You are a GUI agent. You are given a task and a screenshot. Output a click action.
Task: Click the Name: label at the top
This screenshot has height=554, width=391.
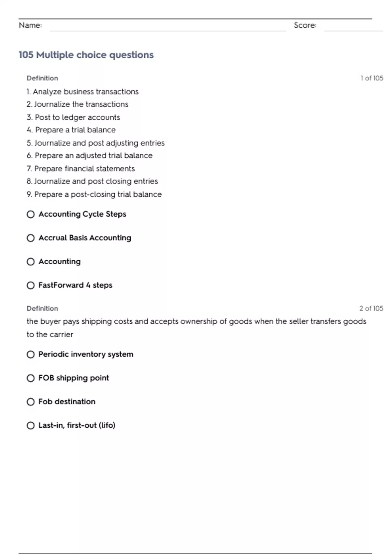pos(30,25)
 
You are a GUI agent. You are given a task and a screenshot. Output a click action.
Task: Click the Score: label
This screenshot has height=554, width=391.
pos(305,25)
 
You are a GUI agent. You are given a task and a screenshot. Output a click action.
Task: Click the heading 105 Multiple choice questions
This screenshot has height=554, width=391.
pos(86,55)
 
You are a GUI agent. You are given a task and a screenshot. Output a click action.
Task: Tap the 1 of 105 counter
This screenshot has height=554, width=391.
pos(372,78)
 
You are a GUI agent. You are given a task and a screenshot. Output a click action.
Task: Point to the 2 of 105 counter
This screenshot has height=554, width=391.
pos(371,308)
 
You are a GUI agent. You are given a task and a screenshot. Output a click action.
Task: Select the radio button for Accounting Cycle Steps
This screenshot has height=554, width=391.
pos(31,214)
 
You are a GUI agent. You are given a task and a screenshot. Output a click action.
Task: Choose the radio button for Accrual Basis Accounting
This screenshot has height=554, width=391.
pos(31,238)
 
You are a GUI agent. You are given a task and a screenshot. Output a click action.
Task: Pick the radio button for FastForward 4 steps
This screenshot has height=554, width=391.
pos(31,285)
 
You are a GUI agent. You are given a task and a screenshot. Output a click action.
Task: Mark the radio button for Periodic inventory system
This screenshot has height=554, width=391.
pos(31,355)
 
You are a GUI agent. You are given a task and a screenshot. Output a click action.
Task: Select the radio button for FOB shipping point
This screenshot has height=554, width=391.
pos(31,378)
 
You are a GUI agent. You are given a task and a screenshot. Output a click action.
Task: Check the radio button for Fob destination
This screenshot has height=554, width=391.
pos(31,402)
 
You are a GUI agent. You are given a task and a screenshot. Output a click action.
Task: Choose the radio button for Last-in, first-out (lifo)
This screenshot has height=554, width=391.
pos(31,426)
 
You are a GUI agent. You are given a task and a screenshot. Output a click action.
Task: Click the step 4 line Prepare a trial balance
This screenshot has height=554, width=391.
pos(71,130)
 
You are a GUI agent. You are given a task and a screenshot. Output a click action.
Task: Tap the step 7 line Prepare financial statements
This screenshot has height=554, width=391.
pos(80,168)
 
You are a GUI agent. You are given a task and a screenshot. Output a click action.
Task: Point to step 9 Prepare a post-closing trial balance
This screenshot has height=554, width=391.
pos(94,194)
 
